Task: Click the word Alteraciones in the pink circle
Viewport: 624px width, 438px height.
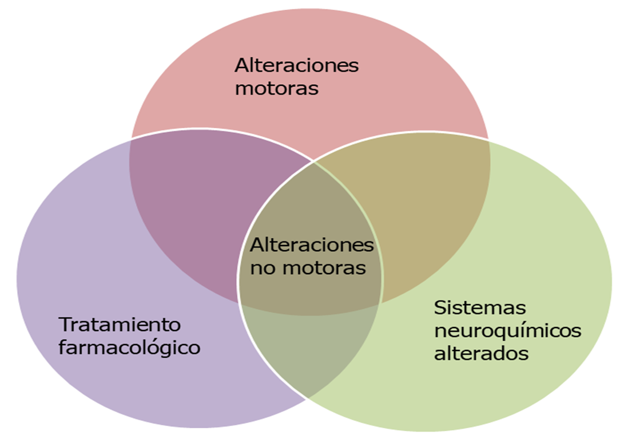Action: pyautogui.click(x=296, y=65)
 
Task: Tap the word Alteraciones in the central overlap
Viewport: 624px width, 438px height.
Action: pyautogui.click(x=312, y=245)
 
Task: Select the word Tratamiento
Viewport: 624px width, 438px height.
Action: pyautogui.click(x=120, y=325)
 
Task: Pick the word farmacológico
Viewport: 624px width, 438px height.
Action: pyautogui.click(x=129, y=348)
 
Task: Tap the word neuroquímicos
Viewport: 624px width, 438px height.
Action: pyautogui.click(x=507, y=330)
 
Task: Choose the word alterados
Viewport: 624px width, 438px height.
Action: pyautogui.click(x=480, y=353)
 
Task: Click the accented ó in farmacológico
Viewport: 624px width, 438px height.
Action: pyautogui.click(x=161, y=347)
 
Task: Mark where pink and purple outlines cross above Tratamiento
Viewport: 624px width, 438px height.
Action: pyautogui.click(x=131, y=139)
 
